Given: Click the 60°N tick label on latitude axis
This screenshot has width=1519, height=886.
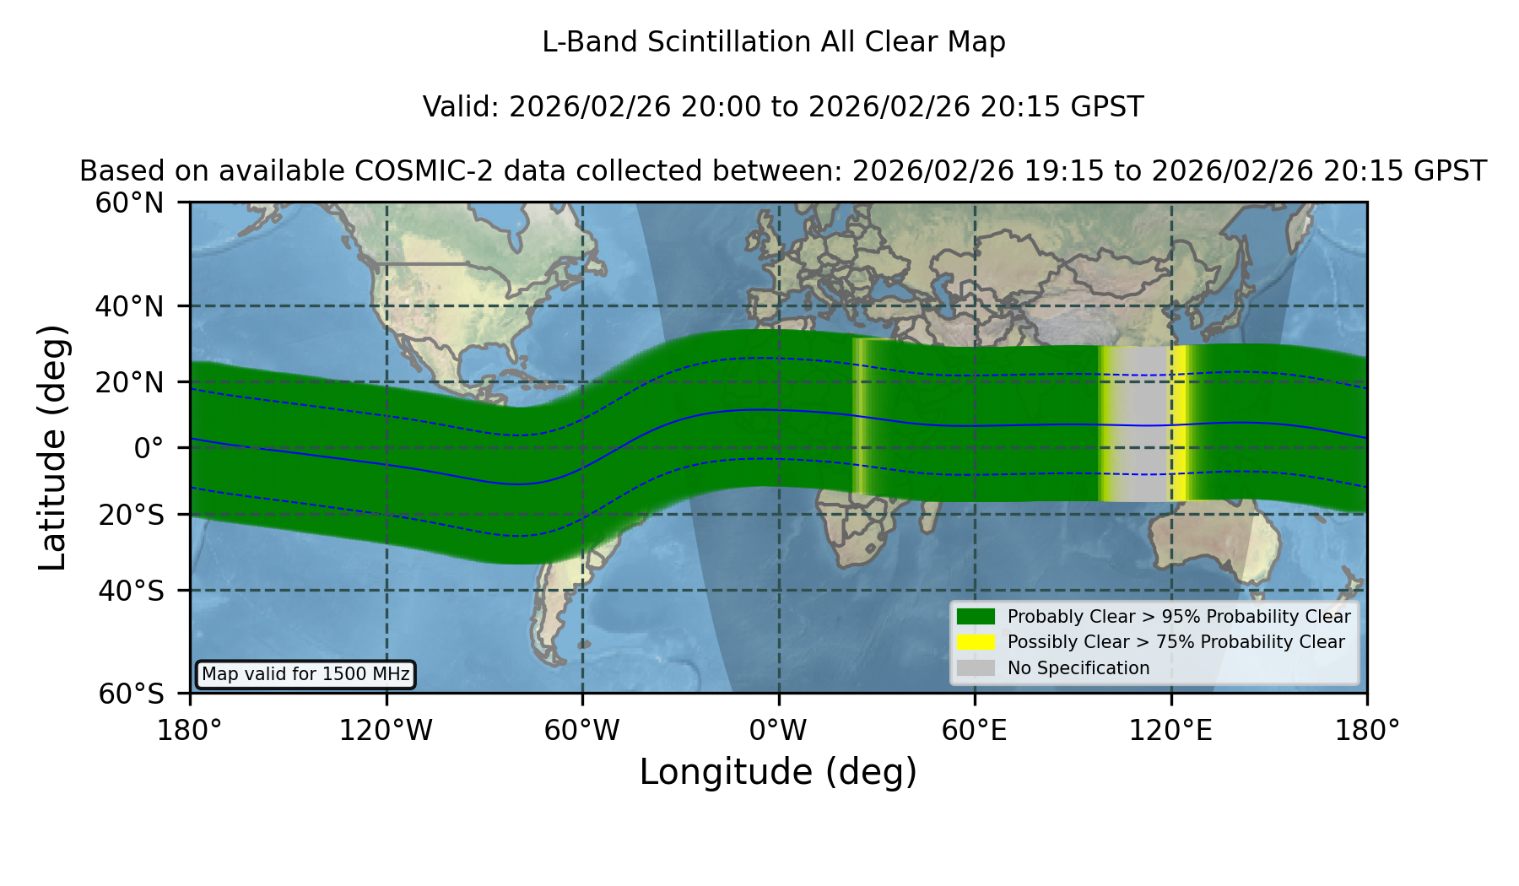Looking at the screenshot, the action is [x=129, y=203].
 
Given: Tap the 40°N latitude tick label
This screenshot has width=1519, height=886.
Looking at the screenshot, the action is [x=129, y=306].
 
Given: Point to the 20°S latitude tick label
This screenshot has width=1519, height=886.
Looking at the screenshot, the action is [x=131, y=515].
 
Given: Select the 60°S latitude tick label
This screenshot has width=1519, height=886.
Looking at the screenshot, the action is [x=131, y=694].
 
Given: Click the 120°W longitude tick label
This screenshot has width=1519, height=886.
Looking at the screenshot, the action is [x=386, y=731].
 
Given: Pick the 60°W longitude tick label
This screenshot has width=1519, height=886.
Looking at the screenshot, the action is [x=582, y=731].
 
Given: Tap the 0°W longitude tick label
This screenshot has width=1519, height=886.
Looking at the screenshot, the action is [x=778, y=731].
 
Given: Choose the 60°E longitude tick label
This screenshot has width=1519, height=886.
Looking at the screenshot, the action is [x=975, y=731].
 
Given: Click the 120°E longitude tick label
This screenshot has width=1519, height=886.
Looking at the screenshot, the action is [x=1170, y=731].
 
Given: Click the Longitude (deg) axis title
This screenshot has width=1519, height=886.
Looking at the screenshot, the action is [x=778, y=773].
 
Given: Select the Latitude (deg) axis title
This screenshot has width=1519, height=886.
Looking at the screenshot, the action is [x=53, y=447].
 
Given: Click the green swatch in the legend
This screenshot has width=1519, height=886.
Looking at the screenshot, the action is [x=976, y=617].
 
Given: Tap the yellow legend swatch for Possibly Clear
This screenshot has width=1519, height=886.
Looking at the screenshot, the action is [x=976, y=642].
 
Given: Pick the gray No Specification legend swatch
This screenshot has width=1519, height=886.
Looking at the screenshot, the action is [x=976, y=668].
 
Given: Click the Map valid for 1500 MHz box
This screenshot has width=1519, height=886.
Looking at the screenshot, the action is [x=305, y=674].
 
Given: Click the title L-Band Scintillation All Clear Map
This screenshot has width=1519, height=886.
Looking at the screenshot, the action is [x=774, y=42].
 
